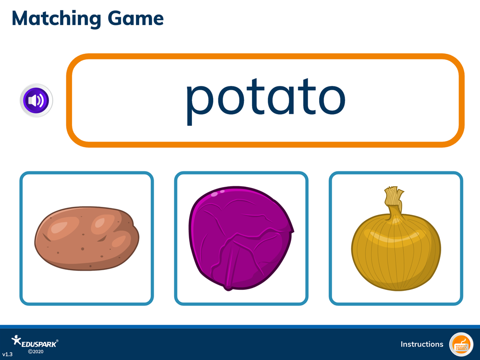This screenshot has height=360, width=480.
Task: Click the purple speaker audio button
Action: [x=36, y=100]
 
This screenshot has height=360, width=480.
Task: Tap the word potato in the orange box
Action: [x=265, y=101]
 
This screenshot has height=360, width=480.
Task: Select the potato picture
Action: [x=86, y=238]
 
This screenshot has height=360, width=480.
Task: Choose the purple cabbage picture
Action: [x=241, y=239]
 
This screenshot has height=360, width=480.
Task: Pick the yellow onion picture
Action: [x=396, y=239]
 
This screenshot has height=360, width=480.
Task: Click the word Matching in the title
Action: [x=56, y=19]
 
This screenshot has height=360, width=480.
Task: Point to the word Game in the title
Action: [x=136, y=18]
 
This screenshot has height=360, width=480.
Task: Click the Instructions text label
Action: [x=422, y=344]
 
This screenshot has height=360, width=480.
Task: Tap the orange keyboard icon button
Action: [x=461, y=344]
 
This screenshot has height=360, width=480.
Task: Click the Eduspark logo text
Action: [x=39, y=344]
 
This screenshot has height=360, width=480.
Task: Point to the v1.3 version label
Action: [x=7, y=354]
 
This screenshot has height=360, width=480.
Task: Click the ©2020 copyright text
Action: [x=36, y=352]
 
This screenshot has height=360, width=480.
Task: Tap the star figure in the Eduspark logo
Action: [x=16, y=340]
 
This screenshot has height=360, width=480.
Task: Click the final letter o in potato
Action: [x=332, y=100]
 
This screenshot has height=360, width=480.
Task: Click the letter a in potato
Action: [x=281, y=100]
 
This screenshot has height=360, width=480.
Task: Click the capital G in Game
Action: [x=116, y=18]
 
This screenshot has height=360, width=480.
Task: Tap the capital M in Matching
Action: [x=22, y=18]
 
